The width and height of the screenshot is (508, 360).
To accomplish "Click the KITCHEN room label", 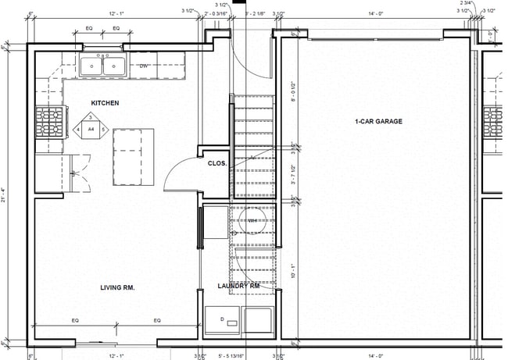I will click(106, 103).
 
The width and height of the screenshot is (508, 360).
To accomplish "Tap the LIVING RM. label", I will click(117, 287).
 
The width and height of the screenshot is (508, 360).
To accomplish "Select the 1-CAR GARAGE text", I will click(378, 122).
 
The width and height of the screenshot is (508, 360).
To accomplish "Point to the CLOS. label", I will click(216, 163).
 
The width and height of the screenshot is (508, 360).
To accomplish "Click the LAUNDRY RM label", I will click(238, 287).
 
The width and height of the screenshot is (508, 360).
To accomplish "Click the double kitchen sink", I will click(103, 66).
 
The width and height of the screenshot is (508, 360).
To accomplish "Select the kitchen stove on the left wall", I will click(48, 122).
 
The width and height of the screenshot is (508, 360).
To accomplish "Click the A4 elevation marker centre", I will click(91, 128).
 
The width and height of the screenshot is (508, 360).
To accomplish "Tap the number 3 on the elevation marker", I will click(91, 117).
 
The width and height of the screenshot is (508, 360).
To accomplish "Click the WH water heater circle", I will click(252, 221).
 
